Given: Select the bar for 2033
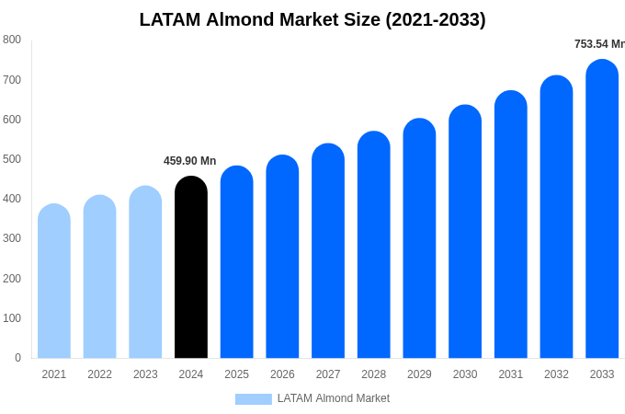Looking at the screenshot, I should [602, 209].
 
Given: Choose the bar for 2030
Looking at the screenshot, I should [465, 232].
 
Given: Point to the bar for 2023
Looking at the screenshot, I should [145, 272].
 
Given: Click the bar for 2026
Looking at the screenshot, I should [282, 257].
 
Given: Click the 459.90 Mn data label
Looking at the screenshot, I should [189, 161].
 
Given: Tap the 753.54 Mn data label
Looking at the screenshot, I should [598, 44].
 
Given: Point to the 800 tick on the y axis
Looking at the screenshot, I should [12, 40].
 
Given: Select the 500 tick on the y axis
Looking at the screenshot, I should [12, 159].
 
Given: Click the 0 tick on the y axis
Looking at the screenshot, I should [17, 358].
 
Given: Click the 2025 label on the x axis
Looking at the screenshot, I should [236, 374].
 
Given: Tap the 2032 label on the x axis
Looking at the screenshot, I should [556, 374].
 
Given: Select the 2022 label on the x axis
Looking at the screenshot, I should [99, 374].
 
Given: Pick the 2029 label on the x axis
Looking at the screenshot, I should [419, 374].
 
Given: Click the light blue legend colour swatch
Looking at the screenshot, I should [253, 399].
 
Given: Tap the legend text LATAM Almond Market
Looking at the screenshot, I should [334, 398].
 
